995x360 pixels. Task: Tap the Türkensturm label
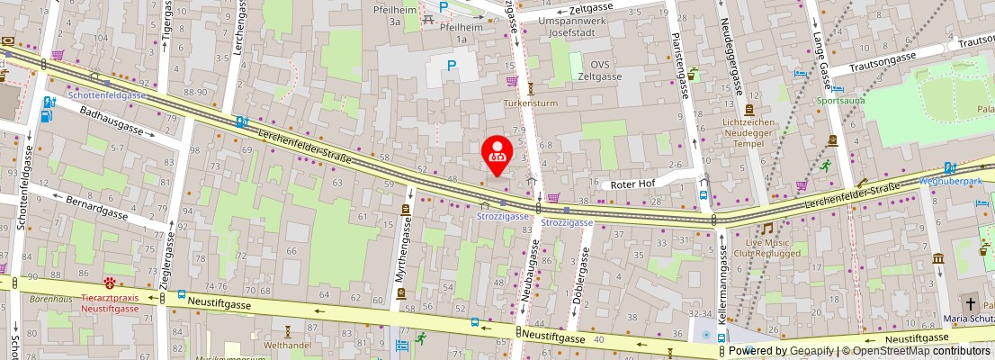[x=531, y=103]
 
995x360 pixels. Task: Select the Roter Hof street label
[x=632, y=184]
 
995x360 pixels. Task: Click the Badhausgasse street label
[x=112, y=119]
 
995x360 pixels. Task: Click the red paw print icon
[x=109, y=283]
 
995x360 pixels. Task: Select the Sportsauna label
[x=840, y=101]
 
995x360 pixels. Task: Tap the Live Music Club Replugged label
[x=766, y=247]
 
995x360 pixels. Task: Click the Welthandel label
[x=288, y=345]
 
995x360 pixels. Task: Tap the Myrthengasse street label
[x=400, y=257]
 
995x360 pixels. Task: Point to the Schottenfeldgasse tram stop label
[x=107, y=94]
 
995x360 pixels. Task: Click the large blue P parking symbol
[x=452, y=65]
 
